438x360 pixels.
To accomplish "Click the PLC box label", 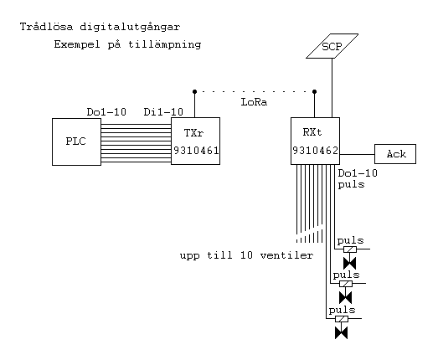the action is pyautogui.click(x=75, y=141).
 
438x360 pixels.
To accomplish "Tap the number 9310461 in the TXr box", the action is pyautogui.click(x=196, y=151).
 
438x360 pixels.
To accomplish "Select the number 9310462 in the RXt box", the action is pyautogui.click(x=316, y=151).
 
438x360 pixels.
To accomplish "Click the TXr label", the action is pyautogui.click(x=193, y=132).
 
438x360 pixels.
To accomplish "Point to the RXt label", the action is pyautogui.click(x=312, y=131).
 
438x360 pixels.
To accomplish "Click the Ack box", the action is pyautogui.click(x=395, y=154).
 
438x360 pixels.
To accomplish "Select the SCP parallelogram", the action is pyautogui.click(x=332, y=46).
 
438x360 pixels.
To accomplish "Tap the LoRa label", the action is pyautogui.click(x=254, y=102).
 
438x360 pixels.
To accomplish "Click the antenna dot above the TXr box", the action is pyautogui.click(x=194, y=91).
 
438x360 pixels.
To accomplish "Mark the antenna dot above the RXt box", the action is pyautogui.click(x=315, y=91).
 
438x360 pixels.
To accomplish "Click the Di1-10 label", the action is pyautogui.click(x=163, y=112).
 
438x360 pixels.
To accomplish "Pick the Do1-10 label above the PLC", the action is pyautogui.click(x=106, y=112).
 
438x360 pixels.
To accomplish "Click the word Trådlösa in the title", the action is pyautogui.click(x=46, y=27).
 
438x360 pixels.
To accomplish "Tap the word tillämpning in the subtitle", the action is pyautogui.click(x=165, y=44).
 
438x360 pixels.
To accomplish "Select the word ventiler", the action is pyautogui.click(x=286, y=255).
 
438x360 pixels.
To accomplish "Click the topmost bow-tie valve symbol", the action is pyautogui.click(x=349, y=263).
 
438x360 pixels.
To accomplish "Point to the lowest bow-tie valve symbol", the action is pyautogui.click(x=341, y=333).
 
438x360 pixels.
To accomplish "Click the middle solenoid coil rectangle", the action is pyautogui.click(x=346, y=284).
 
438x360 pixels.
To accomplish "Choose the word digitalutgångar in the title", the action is pyautogui.click(x=130, y=28).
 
